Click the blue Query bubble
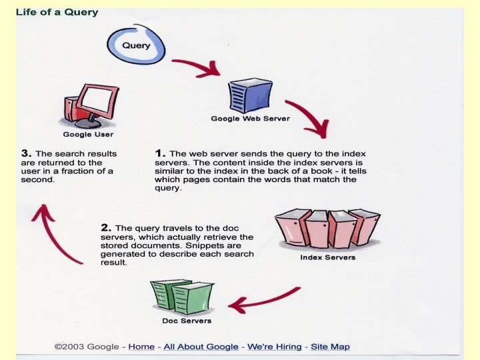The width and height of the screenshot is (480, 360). (137, 44)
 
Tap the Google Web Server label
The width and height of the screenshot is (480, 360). (250, 119)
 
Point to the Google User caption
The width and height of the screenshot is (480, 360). (87, 135)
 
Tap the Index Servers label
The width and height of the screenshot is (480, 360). (327, 257)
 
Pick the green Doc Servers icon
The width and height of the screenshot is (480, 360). (181, 296)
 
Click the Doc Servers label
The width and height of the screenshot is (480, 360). (187, 321)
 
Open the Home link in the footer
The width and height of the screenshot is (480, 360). (141, 347)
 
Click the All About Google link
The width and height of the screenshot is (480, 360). (201, 347)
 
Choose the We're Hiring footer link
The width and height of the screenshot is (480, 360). (275, 347)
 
